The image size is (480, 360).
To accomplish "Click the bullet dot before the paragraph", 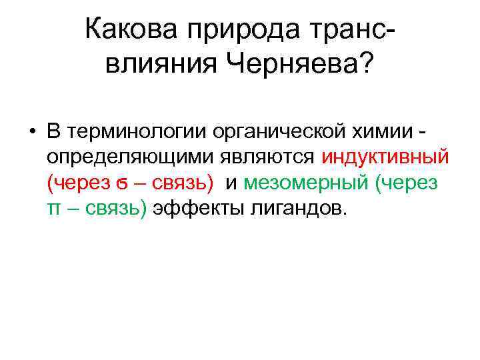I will tap(31, 130).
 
